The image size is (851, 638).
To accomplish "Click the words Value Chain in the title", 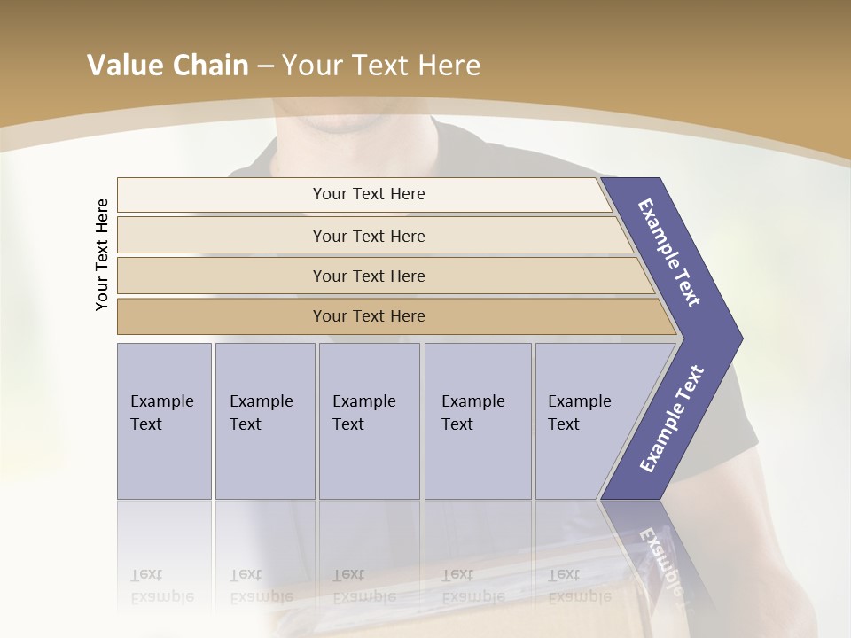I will (168, 66).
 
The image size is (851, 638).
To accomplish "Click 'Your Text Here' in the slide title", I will (381, 66).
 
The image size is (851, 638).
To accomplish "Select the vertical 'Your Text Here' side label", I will (102, 254).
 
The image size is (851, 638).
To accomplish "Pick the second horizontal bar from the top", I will (368, 236).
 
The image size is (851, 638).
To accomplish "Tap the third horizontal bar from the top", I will (368, 276).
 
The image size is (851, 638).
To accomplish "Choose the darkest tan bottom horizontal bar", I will (368, 316).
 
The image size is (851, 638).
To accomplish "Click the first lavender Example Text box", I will (164, 421).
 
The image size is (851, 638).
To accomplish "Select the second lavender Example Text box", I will (264, 421).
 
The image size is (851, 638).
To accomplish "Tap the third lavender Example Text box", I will (369, 421).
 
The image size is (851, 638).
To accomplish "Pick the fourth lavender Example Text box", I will (477, 421).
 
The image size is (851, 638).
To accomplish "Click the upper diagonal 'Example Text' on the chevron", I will (669, 253).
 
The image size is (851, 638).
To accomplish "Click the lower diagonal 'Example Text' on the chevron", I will (672, 418).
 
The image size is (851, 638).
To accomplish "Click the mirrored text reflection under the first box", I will (161, 586).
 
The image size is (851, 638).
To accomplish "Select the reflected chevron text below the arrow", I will (660, 558).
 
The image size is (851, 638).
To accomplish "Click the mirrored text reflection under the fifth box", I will (579, 586).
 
